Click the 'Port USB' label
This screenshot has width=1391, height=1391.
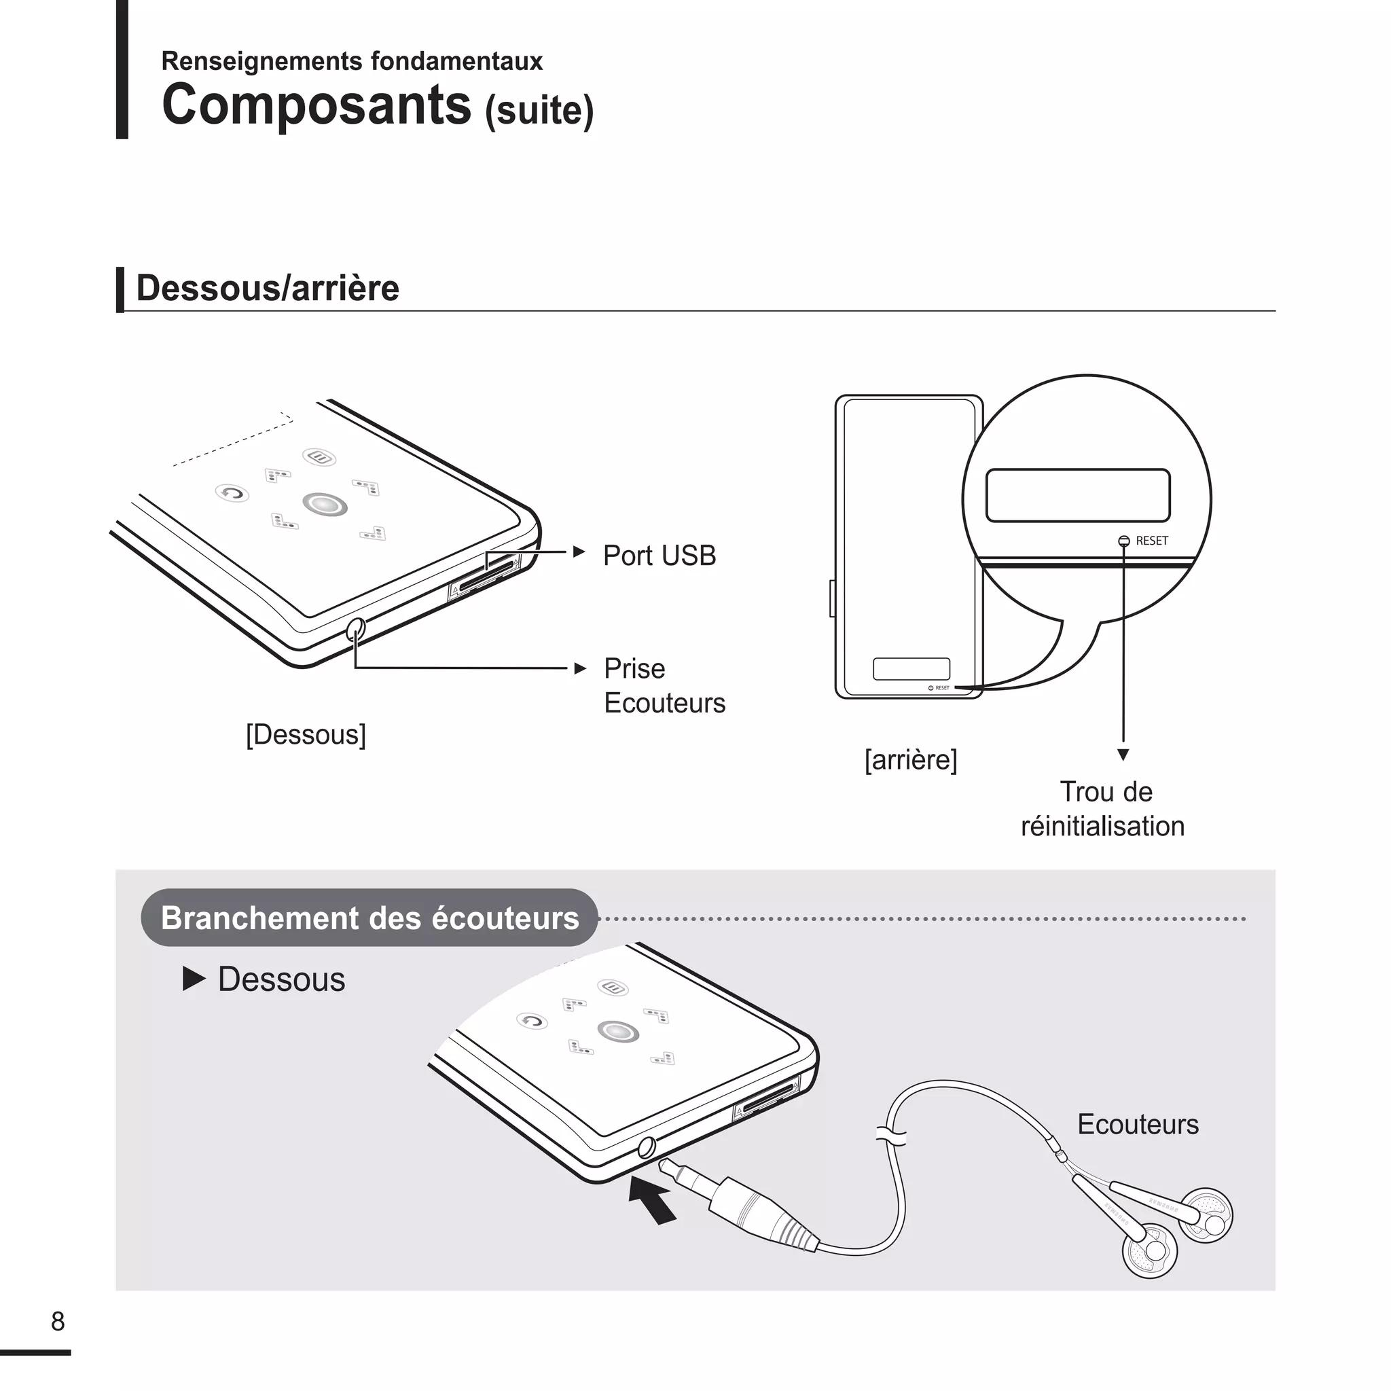659,555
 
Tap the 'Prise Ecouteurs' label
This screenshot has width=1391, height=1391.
664,685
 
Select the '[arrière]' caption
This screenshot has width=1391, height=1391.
910,759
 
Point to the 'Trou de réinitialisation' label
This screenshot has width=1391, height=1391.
1102,809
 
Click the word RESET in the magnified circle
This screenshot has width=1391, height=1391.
1151,541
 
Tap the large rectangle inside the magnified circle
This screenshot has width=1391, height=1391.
1077,495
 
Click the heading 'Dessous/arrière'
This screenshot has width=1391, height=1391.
267,288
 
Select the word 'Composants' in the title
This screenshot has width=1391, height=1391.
317,105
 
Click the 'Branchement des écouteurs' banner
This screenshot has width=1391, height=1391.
369,918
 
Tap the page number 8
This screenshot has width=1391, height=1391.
58,1321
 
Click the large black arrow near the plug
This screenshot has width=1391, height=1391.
652,1199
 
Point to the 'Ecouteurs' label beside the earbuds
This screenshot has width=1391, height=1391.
1138,1124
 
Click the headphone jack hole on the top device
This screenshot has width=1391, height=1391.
356,629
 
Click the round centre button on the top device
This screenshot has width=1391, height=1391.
325,504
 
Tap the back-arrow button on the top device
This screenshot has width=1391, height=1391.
232,493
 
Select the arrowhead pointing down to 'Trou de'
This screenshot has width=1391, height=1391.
1123,755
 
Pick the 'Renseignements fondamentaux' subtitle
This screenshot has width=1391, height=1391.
351,61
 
